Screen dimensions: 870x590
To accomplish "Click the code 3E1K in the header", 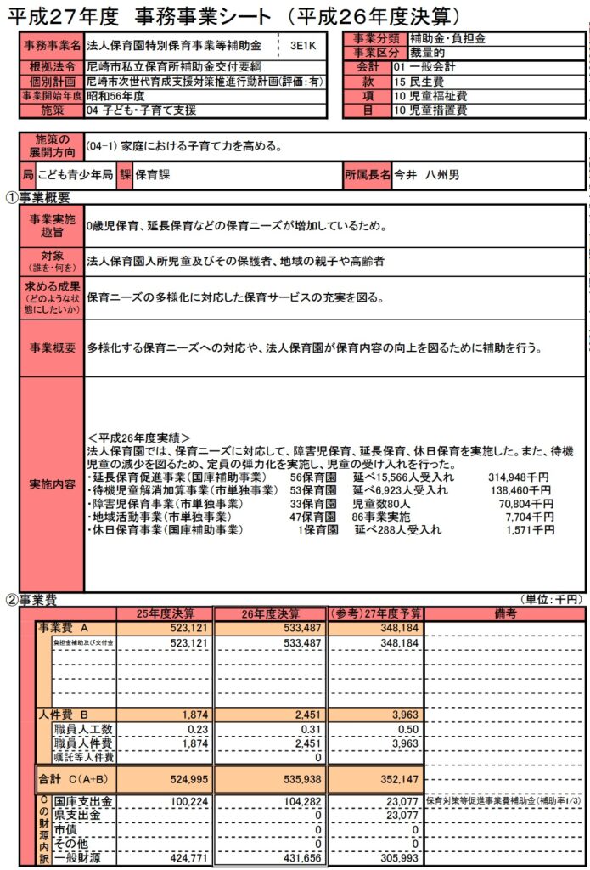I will (x=302, y=46).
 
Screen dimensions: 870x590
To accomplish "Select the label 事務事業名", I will (x=52, y=46).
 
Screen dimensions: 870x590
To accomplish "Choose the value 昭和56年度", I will (x=115, y=96).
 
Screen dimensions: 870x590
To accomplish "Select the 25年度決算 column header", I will (x=166, y=613).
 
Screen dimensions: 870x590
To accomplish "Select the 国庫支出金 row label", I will (x=83, y=801).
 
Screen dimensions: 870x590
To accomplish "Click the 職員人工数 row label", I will (x=83, y=729).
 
